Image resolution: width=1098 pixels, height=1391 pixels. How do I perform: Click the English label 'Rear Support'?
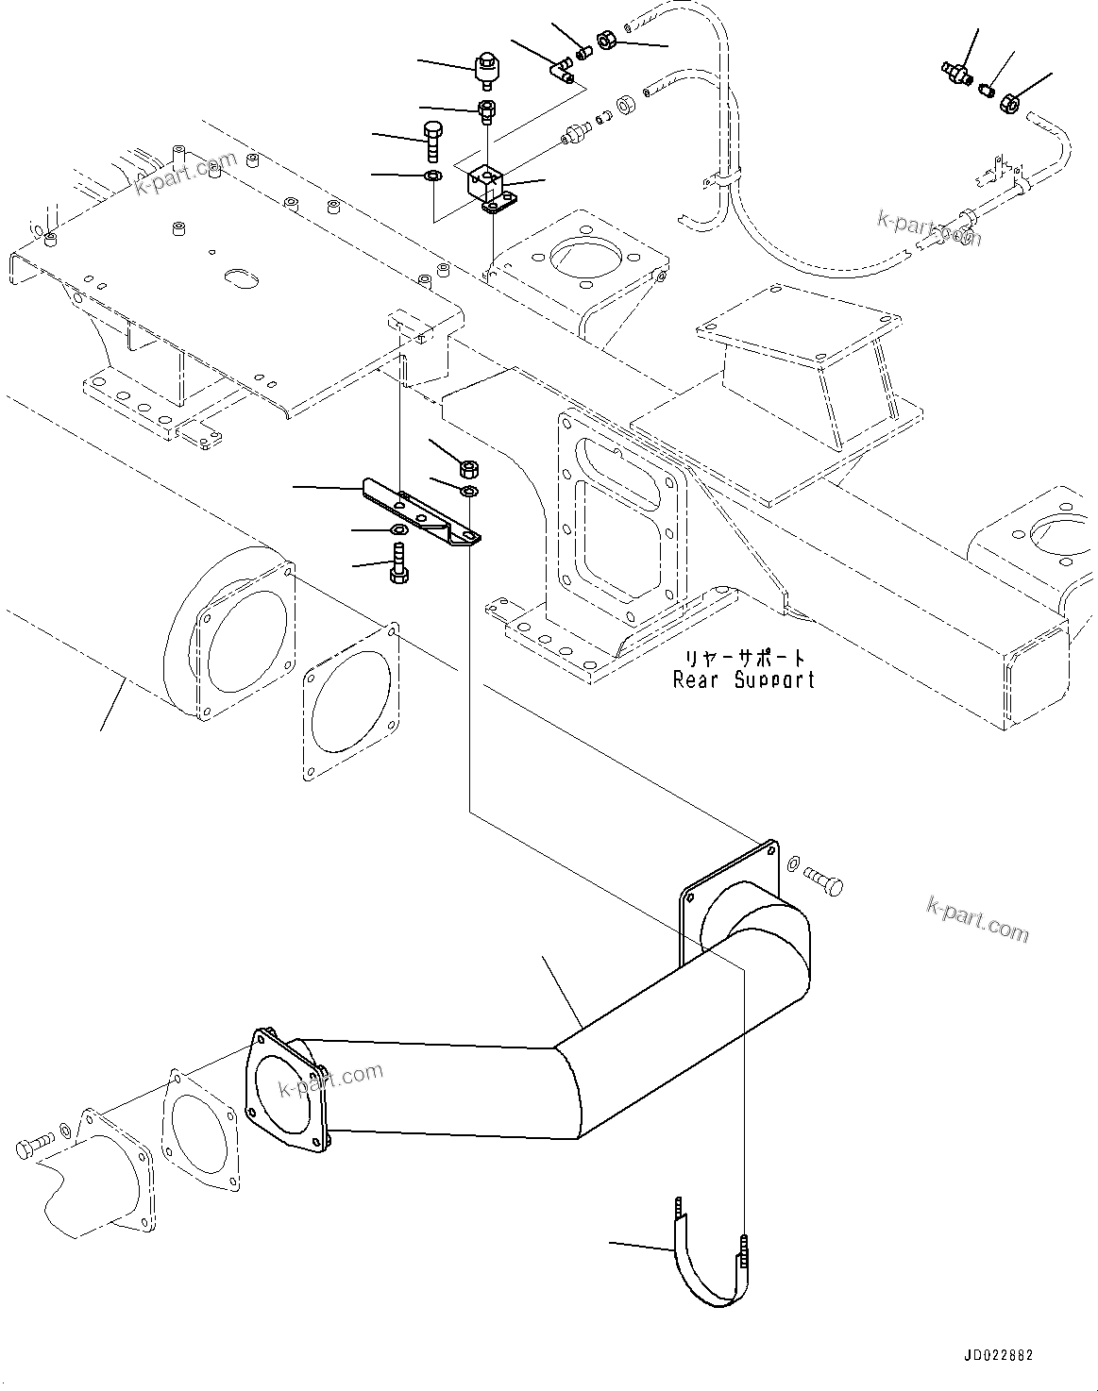coord(743,679)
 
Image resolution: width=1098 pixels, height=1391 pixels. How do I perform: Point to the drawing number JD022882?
coord(998,1355)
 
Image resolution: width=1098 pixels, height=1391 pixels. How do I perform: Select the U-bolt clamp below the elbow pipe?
coord(709,1265)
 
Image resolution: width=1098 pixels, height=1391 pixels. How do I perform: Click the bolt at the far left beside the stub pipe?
coord(34,1147)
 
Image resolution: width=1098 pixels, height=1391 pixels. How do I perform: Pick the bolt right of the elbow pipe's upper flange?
coord(823,882)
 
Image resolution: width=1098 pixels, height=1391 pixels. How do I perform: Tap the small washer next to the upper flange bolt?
coord(792,863)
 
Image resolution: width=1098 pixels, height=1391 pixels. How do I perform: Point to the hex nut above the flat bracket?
coord(469,467)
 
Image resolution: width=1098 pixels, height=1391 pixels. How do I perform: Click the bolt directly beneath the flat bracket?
coord(397,562)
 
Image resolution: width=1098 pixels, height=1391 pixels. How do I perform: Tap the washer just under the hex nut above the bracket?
coord(469,492)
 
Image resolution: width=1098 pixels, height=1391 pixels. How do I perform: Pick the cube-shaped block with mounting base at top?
coord(489,186)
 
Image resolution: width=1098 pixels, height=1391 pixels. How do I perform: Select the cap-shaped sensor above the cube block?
coord(487,68)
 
